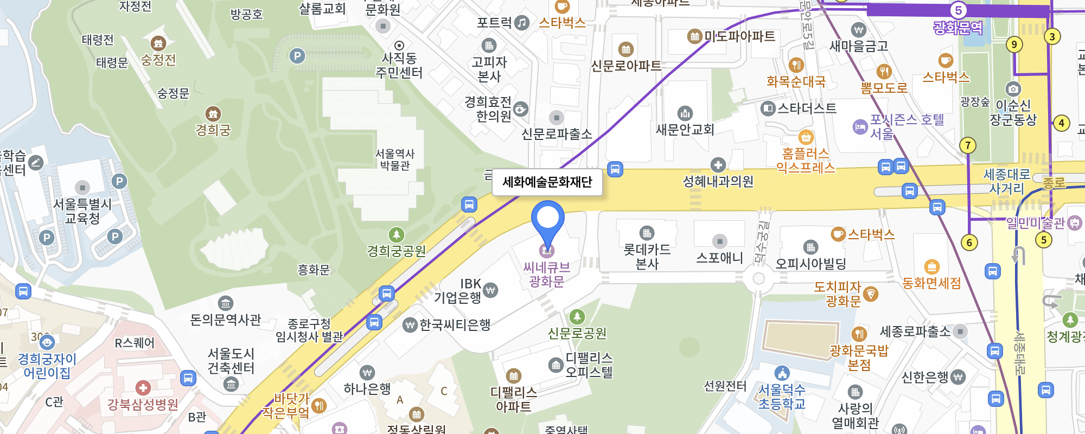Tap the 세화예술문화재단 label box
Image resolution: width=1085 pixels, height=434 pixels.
547,182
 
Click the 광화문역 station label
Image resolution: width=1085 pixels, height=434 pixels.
958,27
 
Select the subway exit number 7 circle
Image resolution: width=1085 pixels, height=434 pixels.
967,145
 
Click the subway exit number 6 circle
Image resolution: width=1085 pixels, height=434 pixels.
969,242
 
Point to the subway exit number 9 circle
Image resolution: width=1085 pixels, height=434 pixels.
1014,44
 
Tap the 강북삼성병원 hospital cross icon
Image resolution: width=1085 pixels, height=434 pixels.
143,388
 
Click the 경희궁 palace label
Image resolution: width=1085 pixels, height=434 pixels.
213,130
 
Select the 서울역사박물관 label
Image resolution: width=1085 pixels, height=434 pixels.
395,159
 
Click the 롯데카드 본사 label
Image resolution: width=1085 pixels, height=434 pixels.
647,257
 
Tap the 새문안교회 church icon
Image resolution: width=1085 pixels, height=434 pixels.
685,113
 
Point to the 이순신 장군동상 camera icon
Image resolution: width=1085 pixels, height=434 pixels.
1013,88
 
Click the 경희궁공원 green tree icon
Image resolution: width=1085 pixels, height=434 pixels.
397,234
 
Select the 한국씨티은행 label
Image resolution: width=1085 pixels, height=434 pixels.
455,325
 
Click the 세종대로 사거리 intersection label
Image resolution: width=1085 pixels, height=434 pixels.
1006,181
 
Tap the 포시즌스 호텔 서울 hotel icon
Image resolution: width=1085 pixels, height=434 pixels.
860,127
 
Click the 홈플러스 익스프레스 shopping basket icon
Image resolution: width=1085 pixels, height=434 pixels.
806,137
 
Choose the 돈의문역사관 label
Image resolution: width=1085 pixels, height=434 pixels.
226,320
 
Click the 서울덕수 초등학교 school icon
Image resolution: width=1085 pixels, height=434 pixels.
782,373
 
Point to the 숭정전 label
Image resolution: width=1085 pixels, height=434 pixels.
158,60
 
